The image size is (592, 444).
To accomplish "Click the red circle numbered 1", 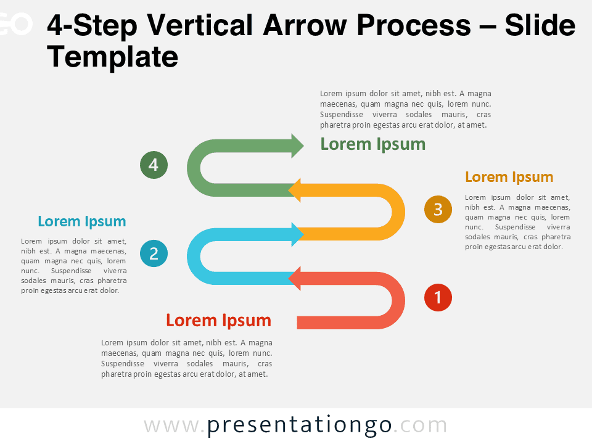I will pyautogui.click(x=438, y=298).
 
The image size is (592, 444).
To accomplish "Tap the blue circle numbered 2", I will pyautogui.click(x=154, y=253).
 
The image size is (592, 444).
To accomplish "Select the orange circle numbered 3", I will pyautogui.click(x=438, y=210).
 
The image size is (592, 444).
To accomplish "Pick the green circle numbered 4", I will pyautogui.click(x=154, y=165).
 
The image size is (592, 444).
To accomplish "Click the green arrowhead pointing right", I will pyautogui.click(x=297, y=146).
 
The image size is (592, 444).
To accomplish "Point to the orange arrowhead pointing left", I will pyautogui.click(x=295, y=190).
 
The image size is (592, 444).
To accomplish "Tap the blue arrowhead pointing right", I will pyautogui.click(x=297, y=234).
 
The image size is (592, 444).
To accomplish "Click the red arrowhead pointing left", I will pyautogui.click(x=295, y=278).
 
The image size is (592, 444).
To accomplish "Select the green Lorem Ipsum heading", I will pyautogui.click(x=372, y=144).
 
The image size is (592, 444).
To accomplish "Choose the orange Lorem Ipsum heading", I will pyautogui.click(x=509, y=177).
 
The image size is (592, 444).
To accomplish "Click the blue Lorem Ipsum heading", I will pyautogui.click(x=81, y=221).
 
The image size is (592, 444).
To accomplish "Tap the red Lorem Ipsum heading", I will pyautogui.click(x=218, y=320).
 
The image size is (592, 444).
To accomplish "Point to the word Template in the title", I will pyautogui.click(x=112, y=57).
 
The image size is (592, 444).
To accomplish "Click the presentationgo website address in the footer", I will pyautogui.click(x=295, y=425).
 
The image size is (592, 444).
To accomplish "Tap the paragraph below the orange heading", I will pyautogui.click(x=517, y=222).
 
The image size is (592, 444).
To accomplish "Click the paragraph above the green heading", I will pyautogui.click(x=405, y=109).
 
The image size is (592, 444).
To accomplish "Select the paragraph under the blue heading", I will pyautogui.click(x=74, y=266).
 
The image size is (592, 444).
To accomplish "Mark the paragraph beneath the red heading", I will pyautogui.click(x=186, y=358).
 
